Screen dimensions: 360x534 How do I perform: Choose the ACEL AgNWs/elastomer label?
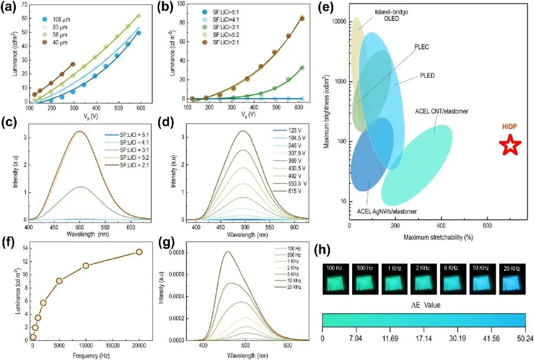coord(387,212)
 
